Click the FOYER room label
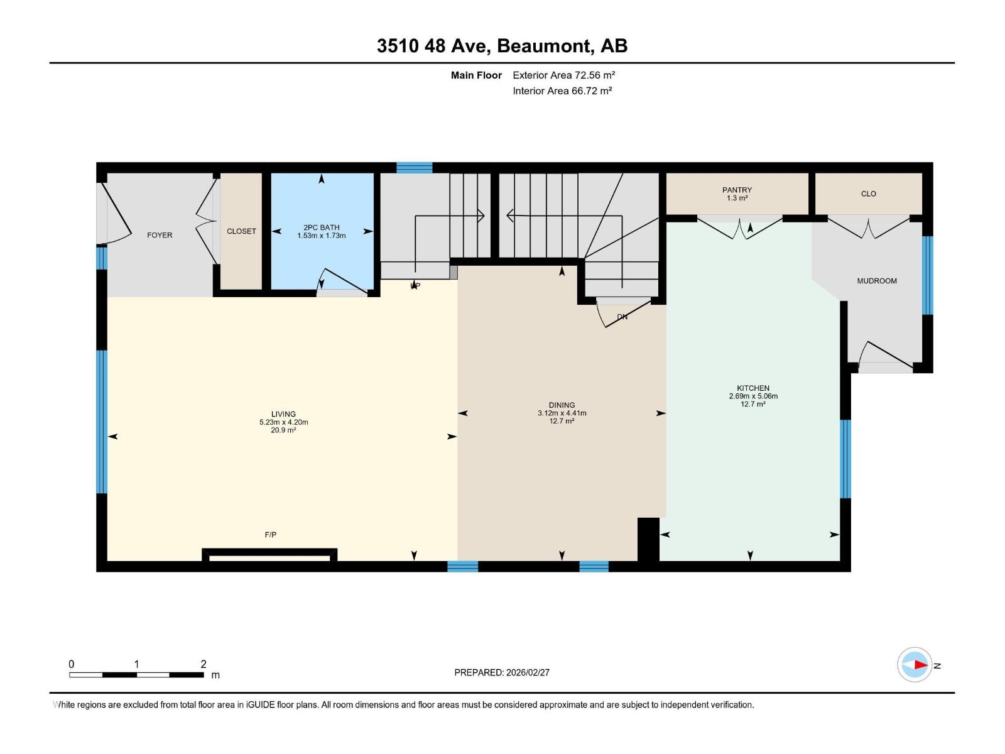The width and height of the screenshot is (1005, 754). [x=160, y=235]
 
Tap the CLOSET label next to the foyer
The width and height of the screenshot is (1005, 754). [x=241, y=231]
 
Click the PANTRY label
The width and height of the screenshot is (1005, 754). [x=737, y=190]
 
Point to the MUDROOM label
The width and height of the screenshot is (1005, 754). [x=876, y=281]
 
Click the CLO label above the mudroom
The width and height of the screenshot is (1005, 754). [x=868, y=194]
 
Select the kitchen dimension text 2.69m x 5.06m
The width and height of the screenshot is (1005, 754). [x=753, y=396]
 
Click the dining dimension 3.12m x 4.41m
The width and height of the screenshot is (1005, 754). [x=562, y=413]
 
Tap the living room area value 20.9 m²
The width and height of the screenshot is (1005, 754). [x=283, y=430]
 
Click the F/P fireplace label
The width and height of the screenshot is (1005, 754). [x=270, y=535]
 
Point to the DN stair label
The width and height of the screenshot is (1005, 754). [x=622, y=317]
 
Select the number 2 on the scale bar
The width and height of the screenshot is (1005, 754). [x=203, y=664]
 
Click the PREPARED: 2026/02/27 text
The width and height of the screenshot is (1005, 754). [x=502, y=672]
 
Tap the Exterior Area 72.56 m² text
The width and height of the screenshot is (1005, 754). [x=563, y=75]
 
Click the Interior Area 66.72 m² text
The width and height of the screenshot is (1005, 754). [x=562, y=90]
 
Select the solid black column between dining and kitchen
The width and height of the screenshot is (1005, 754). [x=648, y=538]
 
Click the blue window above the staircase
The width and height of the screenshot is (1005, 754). [x=414, y=168]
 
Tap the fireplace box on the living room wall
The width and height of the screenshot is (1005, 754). [x=269, y=555]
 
